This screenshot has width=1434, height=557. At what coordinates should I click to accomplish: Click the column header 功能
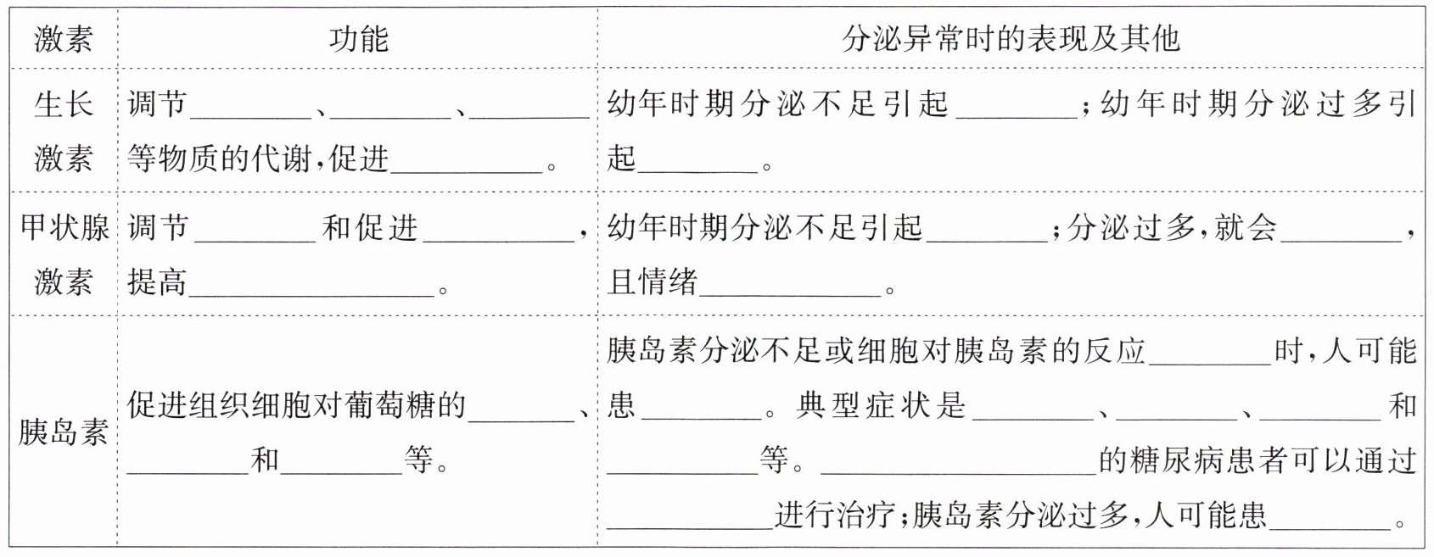(x=358, y=39)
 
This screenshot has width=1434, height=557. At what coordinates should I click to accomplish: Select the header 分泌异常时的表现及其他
(x=1011, y=39)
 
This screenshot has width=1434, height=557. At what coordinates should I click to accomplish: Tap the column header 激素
(x=63, y=39)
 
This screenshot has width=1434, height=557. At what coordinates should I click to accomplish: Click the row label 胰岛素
(x=63, y=432)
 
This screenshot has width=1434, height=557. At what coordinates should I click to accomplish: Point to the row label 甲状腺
(x=64, y=227)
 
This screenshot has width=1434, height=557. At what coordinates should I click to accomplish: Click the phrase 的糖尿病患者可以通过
(x=1258, y=460)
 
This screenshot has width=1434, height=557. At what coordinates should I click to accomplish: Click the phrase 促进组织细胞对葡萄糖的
(x=297, y=406)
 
